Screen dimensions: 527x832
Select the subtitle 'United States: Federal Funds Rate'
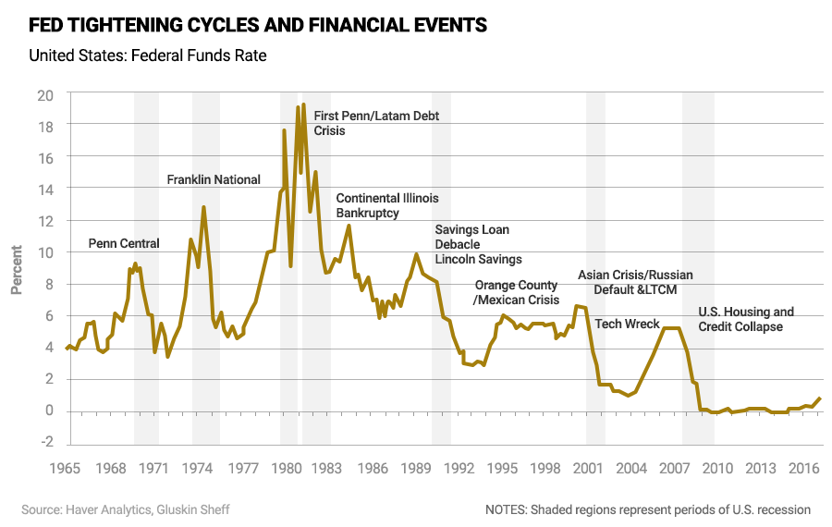pyautogui.click(x=148, y=55)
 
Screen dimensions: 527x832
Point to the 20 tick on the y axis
pyautogui.click(x=45, y=94)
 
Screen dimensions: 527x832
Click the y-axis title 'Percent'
pyautogui.click(x=17, y=269)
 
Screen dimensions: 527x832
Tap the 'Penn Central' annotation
pyautogui.click(x=124, y=244)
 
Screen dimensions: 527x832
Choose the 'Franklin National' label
pyautogui.click(x=214, y=179)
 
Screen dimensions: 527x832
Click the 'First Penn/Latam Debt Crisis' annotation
pyautogui.click(x=376, y=123)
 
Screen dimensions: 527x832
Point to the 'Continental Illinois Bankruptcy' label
pyautogui.click(x=387, y=205)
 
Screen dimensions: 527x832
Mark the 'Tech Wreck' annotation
pyautogui.click(x=627, y=324)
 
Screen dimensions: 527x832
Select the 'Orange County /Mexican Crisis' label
pyautogui.click(x=516, y=293)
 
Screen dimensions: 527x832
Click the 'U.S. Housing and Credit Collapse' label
pyautogui.click(x=746, y=319)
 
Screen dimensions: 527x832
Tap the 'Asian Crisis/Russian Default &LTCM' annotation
pyautogui.click(x=635, y=282)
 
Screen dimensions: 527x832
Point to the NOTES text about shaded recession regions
pyautogui.click(x=647, y=509)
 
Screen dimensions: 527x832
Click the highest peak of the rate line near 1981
pyautogui.click(x=303, y=104)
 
